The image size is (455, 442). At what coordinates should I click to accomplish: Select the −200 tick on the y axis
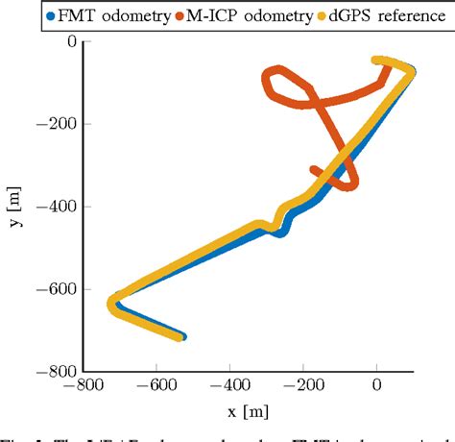57,125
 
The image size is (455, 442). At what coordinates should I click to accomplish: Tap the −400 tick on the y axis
57,207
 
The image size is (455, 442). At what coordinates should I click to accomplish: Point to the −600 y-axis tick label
57,289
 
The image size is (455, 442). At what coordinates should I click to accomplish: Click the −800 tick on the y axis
57,372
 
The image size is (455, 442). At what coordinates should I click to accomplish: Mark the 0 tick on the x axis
376,387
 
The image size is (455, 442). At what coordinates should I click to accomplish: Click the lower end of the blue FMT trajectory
181,337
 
